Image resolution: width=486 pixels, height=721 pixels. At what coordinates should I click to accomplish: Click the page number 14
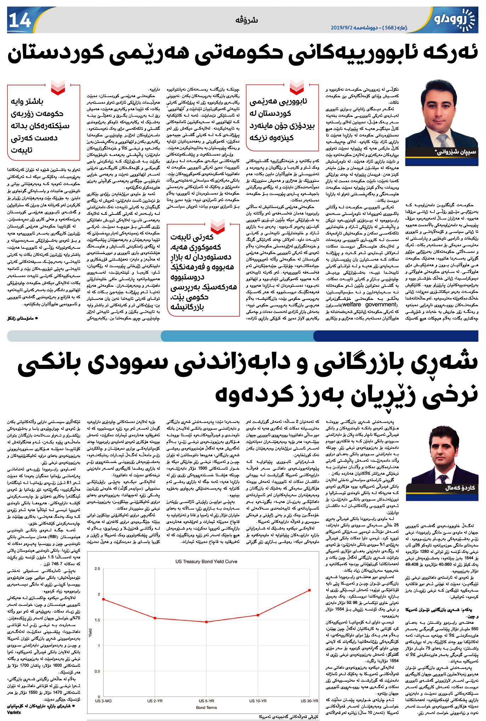tap(20, 21)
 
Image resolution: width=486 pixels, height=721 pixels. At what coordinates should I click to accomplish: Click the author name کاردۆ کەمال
tap(460, 488)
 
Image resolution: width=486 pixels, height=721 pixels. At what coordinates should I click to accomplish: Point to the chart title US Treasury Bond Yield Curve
tap(206, 561)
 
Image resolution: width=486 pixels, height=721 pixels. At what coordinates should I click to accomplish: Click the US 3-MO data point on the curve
tap(103, 599)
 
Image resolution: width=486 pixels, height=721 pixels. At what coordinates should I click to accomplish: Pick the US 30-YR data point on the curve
tap(310, 590)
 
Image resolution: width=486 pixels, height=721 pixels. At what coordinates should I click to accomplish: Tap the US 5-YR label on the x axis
tap(206, 701)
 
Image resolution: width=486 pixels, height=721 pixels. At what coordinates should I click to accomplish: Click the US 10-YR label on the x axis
tap(258, 701)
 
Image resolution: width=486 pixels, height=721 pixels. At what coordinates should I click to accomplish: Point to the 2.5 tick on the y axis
tap(97, 569)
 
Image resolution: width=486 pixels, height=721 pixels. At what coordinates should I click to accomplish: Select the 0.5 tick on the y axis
tap(97, 671)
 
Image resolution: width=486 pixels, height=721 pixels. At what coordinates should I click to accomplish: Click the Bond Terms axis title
tap(206, 708)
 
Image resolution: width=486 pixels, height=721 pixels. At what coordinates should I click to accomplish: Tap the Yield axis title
tap(91, 632)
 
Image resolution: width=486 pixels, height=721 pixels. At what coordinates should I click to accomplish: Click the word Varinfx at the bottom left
tap(14, 712)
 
